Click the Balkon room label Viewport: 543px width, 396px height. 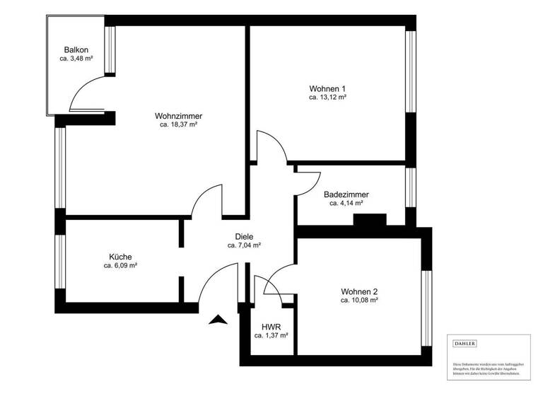76,49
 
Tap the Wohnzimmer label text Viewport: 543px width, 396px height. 179,115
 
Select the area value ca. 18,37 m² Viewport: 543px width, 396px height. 178,124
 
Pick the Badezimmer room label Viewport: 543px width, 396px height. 346,194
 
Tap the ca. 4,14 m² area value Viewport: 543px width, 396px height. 346,203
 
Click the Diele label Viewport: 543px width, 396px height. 245,237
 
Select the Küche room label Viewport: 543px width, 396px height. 120,257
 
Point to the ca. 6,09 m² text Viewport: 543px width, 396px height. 120,266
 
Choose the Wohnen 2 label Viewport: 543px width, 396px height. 359,291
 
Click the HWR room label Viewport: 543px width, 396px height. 271,327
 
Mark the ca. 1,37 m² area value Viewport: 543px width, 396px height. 271,336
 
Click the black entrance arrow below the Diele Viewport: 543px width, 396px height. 219,321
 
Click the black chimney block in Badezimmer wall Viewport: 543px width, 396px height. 370,220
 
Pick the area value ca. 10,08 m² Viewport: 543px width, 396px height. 359,301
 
